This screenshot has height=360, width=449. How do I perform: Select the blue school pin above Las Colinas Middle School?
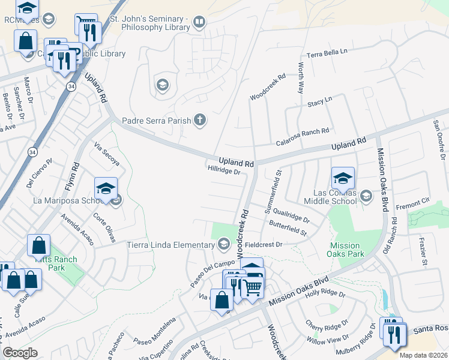[x=343, y=178]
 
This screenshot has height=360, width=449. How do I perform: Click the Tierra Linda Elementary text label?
[x=170, y=245]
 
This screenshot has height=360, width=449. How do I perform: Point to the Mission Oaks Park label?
[x=345, y=250]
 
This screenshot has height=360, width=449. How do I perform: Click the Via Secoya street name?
[x=107, y=154]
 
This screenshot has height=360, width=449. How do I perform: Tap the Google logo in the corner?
[x=20, y=352]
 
